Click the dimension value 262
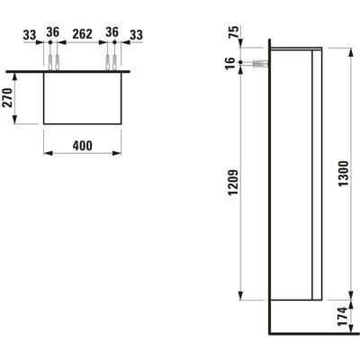click(83, 34)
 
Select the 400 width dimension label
click(83, 146)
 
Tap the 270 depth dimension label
click(8, 98)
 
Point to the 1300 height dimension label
click(344, 174)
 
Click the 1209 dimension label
click(233, 183)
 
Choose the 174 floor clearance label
click(344, 317)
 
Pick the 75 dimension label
click(235, 31)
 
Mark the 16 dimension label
click(229, 63)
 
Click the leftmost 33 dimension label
click(30, 35)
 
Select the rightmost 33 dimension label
click(136, 35)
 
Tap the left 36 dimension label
click(53, 31)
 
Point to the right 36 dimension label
click(112, 31)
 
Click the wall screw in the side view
click(260, 63)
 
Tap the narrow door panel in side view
click(318, 175)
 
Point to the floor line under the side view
click(314, 333)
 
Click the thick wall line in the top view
click(68, 72)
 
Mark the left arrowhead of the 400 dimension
click(48, 153)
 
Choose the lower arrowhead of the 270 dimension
click(15, 120)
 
